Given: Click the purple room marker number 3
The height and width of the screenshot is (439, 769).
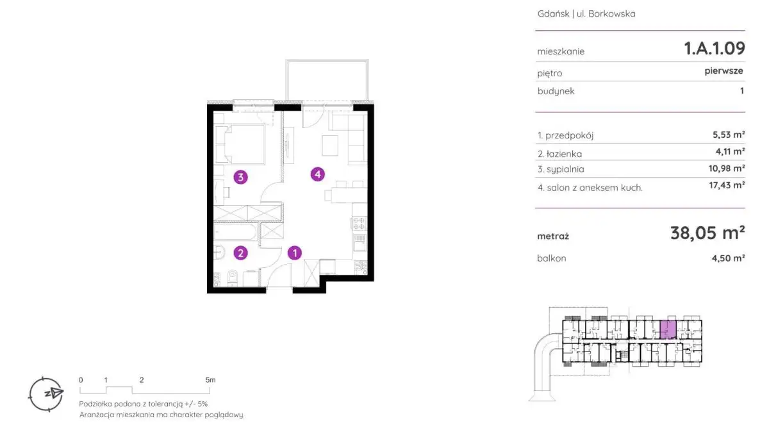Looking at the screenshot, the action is (240, 177).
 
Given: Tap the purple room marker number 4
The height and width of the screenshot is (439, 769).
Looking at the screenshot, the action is (318, 174).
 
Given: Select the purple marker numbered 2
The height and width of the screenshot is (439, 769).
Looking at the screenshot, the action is (240, 253).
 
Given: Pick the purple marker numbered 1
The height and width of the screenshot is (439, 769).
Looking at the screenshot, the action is (295, 253).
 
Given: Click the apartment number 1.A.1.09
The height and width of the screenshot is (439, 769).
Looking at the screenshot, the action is (715, 49).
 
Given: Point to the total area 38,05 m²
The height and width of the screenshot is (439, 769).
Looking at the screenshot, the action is (707, 233).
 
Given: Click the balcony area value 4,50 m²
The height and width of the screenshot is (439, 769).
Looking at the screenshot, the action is (728, 258).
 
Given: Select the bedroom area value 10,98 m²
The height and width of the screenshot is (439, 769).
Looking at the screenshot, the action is (727, 168).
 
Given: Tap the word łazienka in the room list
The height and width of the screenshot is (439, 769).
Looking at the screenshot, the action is (564, 154).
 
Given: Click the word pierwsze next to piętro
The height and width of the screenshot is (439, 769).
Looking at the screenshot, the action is (724, 71).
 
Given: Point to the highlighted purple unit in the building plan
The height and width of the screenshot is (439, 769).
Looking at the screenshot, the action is (668, 329).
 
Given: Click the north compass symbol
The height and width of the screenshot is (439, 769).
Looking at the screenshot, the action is (46, 394).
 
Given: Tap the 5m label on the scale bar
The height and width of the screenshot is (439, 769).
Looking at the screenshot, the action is (210, 380).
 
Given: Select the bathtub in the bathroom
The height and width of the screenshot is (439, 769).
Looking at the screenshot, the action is (235, 233).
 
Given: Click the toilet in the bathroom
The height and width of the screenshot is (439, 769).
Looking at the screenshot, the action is (233, 277).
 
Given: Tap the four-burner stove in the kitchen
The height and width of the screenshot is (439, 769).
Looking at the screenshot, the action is (360, 223).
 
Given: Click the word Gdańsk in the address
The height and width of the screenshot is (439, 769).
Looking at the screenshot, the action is (553, 13).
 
